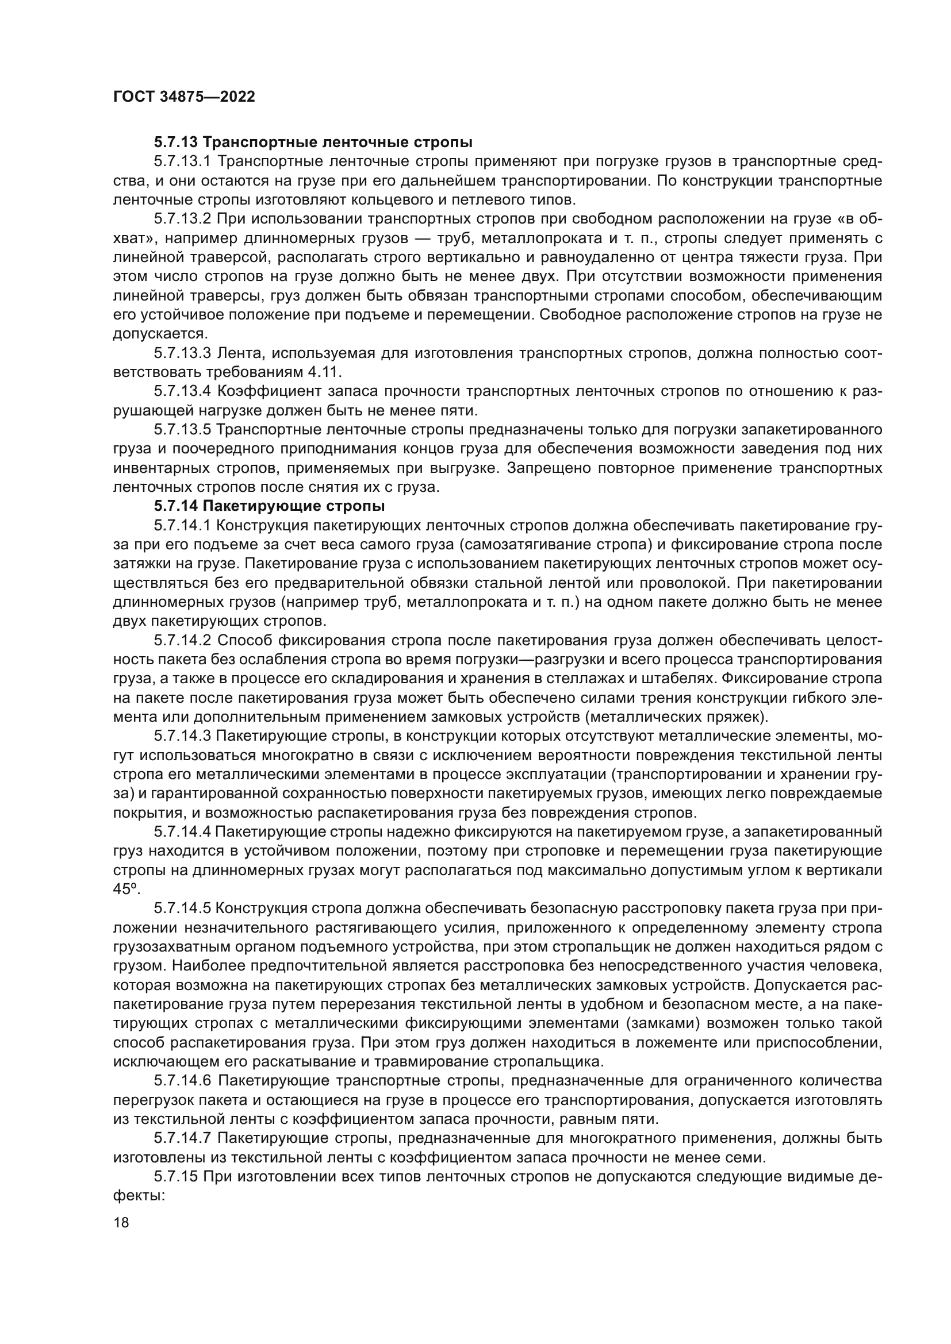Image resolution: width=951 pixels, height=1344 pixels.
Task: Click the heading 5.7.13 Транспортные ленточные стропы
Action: pos(313,143)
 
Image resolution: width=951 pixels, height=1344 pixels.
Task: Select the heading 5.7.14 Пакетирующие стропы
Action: pos(269,505)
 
